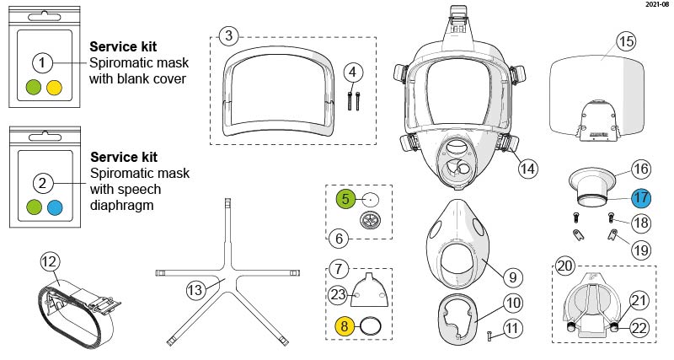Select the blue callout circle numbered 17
[641, 199]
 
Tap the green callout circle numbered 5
[345, 199]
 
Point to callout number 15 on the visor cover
[625, 40]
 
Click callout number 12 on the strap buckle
[49, 262]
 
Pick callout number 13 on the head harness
[195, 289]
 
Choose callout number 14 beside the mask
[527, 168]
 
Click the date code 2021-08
[656, 5]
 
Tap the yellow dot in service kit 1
[55, 86]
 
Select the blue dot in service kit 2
[55, 207]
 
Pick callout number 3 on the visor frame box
[228, 35]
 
